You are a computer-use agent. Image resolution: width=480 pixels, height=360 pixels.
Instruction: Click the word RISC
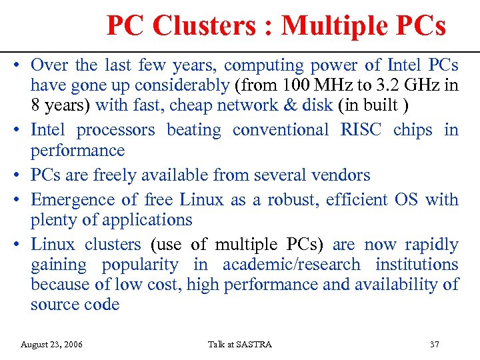coord(361,130)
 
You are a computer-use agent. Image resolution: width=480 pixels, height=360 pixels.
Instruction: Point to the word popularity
coord(140,265)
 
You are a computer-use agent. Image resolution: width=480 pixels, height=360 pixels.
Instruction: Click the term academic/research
coord(291,265)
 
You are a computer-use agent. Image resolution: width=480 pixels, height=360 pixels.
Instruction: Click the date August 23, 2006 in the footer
coord(52,345)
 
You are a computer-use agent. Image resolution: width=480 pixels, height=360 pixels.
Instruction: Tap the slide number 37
coord(435,345)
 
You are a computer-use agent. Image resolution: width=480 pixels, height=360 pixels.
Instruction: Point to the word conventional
coord(281,130)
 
